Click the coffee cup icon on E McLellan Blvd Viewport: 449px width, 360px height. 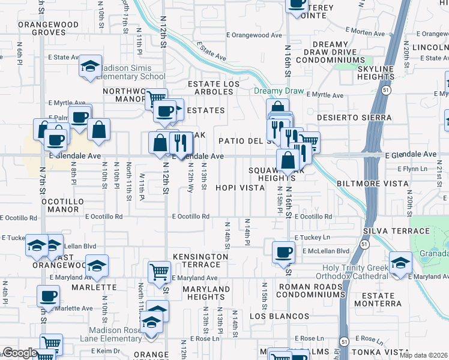click(284, 252)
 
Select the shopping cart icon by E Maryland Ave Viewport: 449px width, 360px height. click(159, 272)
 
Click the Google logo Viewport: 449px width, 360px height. click(20, 353)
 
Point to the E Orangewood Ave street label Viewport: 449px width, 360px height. click(256, 35)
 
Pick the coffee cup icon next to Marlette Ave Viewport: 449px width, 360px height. click(49, 296)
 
